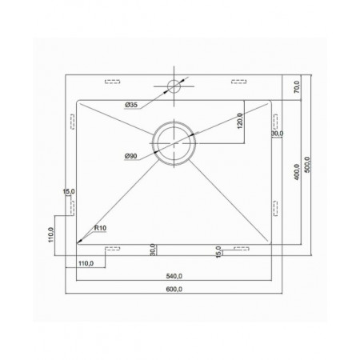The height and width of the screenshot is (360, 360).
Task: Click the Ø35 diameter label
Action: pos(131,105)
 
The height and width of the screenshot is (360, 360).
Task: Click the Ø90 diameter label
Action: pos(131,156)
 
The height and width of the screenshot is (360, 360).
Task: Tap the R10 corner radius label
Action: pos(100,228)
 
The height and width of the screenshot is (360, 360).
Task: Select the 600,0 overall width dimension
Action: pos(174,289)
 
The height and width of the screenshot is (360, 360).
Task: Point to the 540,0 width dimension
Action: pos(174,276)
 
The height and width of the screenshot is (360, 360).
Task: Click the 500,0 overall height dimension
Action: pos(307,165)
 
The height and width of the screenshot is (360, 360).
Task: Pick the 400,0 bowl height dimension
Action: pos(297,172)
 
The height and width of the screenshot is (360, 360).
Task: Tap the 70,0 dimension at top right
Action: pos(297,87)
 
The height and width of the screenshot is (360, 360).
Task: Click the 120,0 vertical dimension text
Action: pos(240,121)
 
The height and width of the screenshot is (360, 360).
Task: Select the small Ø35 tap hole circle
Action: pos(174,86)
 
